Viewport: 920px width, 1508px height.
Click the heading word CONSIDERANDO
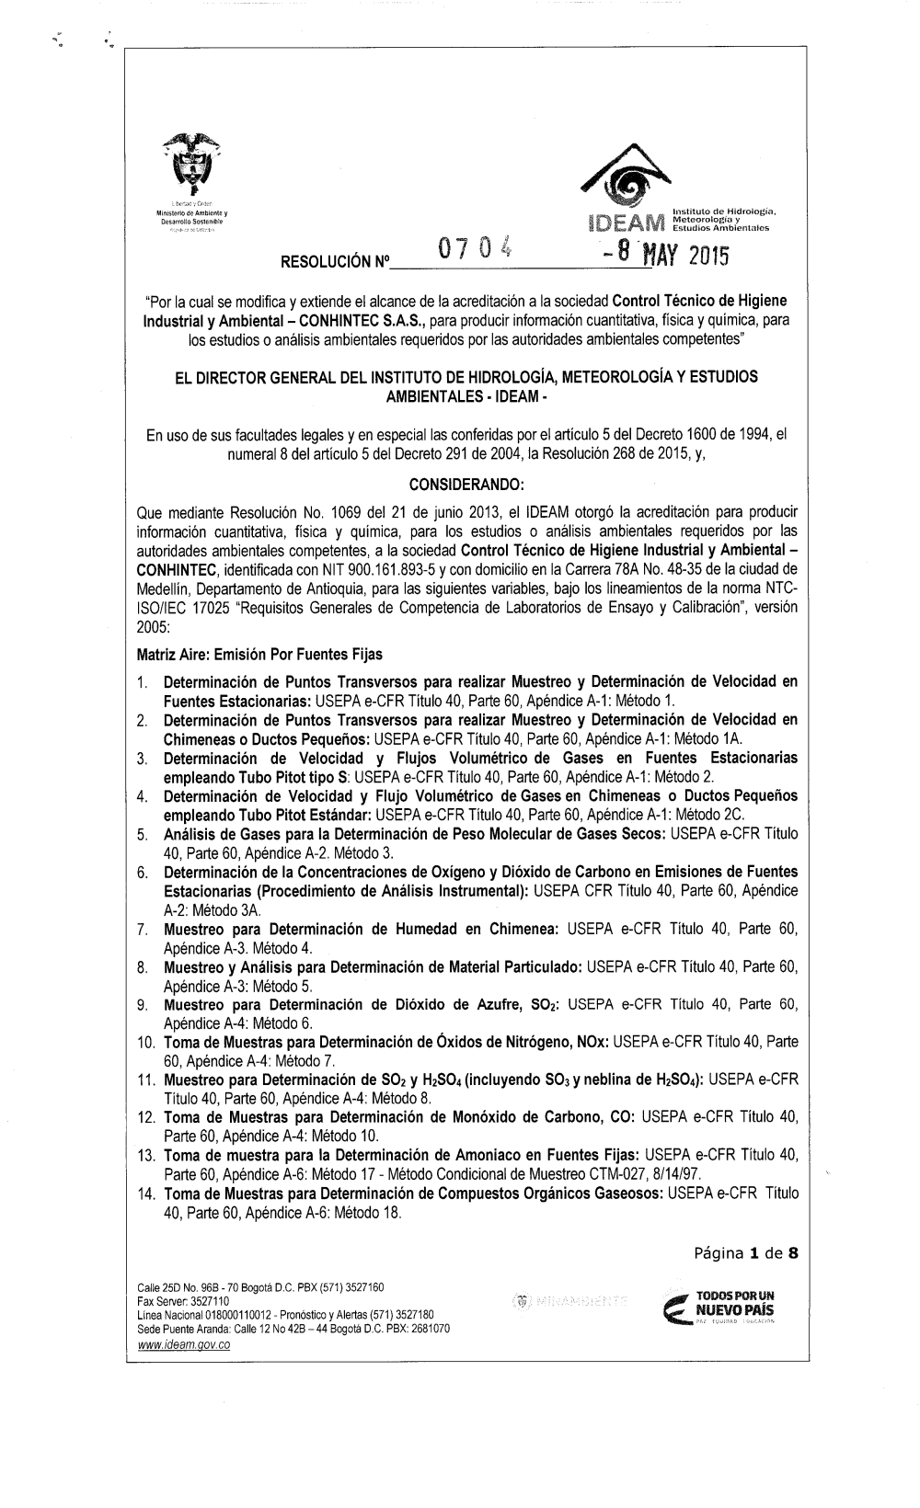point(469,485)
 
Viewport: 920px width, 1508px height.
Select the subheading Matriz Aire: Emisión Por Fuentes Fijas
point(259,655)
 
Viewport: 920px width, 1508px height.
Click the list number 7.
point(143,931)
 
